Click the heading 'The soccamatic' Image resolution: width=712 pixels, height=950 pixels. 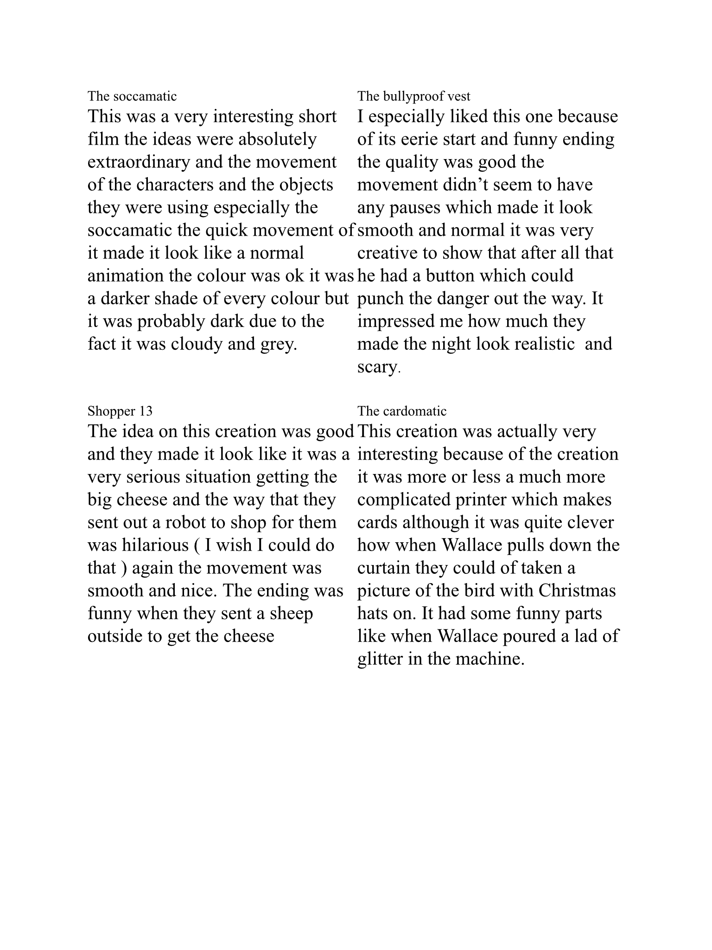point(132,96)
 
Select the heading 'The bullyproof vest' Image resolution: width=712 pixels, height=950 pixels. point(413,96)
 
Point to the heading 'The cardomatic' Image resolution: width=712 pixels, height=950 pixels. point(402,411)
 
